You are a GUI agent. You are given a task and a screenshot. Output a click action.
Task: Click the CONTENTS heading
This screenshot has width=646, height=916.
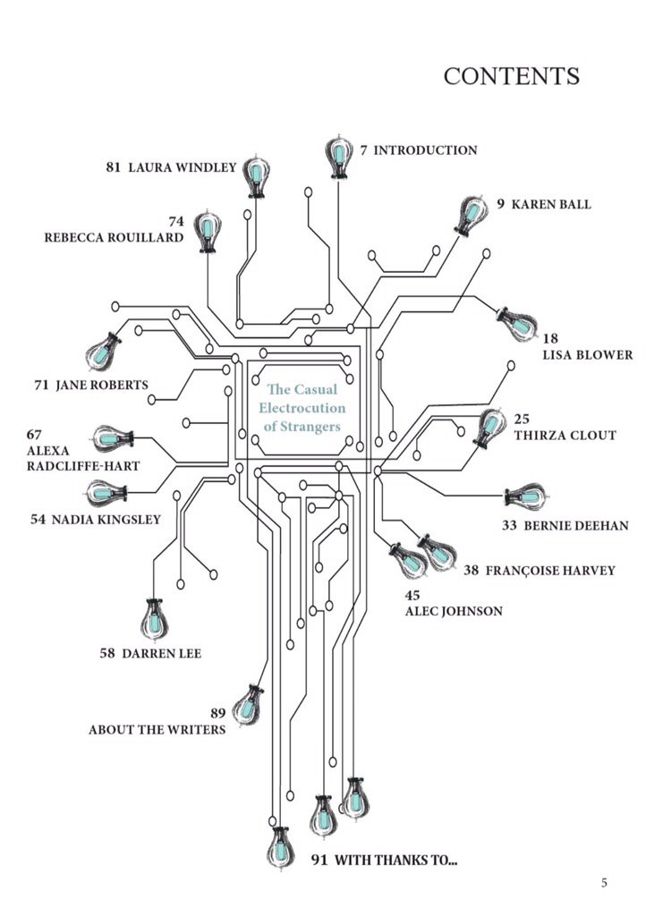point(511,76)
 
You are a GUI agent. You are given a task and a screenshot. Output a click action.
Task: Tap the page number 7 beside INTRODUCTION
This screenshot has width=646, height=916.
point(364,150)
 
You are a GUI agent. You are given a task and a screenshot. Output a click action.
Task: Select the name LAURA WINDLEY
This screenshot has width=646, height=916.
point(183,167)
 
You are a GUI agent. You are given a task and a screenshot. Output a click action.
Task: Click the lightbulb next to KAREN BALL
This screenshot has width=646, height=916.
point(470,216)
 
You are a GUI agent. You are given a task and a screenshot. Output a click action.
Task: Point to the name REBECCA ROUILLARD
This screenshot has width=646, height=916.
point(114,238)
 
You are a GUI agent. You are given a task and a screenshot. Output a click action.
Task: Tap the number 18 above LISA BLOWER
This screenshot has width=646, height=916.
point(550,338)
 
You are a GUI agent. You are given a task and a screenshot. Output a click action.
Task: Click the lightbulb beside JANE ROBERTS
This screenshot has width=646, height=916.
point(103,351)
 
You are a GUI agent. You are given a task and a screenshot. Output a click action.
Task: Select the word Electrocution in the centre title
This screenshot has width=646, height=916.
point(302,408)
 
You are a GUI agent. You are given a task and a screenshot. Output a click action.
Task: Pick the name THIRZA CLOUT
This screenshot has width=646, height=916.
point(565,436)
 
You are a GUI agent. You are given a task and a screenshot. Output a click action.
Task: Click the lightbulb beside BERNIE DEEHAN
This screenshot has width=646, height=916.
point(526,496)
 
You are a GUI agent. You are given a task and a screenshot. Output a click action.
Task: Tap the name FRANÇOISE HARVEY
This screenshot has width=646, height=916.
point(550,570)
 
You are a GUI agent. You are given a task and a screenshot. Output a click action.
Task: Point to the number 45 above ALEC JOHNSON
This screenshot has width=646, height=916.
point(412,595)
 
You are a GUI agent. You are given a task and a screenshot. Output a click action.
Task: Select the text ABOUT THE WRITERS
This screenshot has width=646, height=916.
point(157,730)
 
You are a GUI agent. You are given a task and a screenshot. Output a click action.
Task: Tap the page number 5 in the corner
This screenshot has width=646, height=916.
point(605,883)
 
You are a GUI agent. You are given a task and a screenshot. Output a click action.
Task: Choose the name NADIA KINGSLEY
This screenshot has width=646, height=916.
point(106,520)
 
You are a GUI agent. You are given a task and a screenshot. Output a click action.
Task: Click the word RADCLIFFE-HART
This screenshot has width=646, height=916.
point(83,466)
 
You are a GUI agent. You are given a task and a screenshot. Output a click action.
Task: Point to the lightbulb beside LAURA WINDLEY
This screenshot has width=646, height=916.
point(256,177)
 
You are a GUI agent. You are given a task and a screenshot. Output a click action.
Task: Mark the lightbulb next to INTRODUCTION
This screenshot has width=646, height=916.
point(338,156)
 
